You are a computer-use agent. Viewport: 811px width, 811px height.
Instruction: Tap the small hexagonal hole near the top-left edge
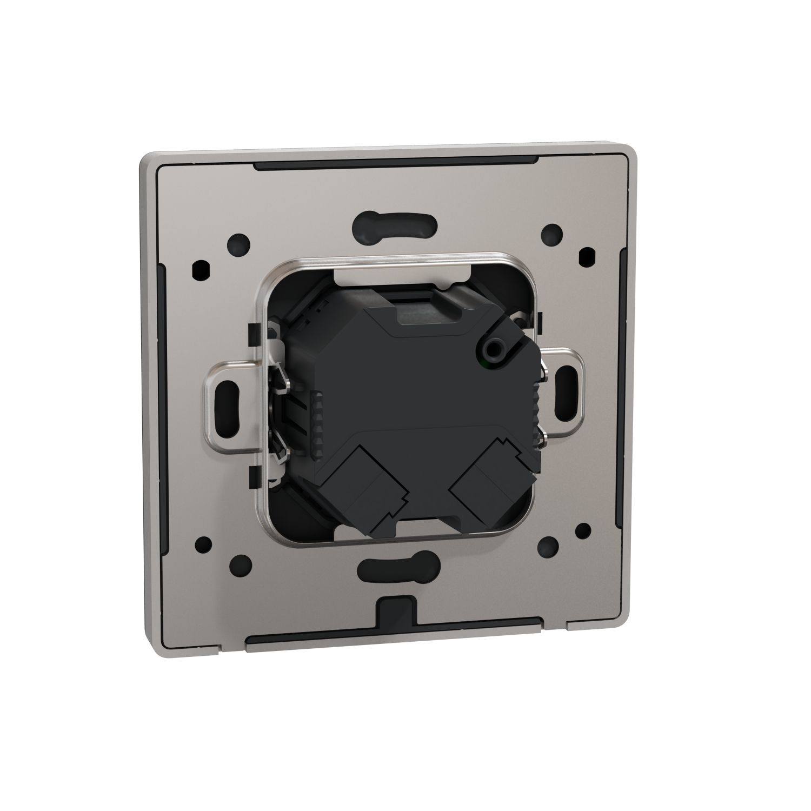[x=201, y=267]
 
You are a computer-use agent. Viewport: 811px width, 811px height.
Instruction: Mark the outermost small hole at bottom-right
[x=583, y=529]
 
